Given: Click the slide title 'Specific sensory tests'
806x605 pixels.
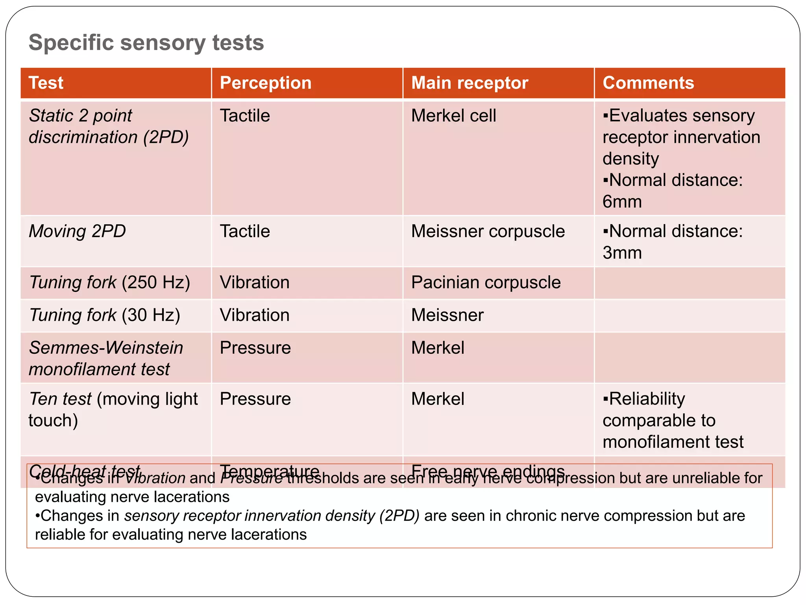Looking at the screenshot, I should coord(146,43).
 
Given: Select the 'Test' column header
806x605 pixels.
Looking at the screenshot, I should coord(46,83).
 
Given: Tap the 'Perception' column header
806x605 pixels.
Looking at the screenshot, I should coord(266,83).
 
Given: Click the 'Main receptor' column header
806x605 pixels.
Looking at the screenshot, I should coord(470,83).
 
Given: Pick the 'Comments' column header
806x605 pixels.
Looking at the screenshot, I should coord(648,83).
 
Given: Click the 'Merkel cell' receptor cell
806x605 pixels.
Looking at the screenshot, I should coord(453,116).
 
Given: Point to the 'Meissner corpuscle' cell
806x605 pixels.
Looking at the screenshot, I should coord(488,231).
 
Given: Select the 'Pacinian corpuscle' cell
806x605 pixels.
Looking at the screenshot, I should coord(486,282).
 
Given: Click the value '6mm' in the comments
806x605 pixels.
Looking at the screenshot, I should coord(622,202).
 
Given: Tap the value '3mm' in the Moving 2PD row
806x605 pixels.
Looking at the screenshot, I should coord(622,253).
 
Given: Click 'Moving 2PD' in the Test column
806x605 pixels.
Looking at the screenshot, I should coord(77,231).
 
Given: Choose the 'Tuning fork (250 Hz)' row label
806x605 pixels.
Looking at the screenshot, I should coord(109,282).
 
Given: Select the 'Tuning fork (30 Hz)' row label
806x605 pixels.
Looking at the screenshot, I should coord(104,315).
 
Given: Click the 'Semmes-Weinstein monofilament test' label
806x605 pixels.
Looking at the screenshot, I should coord(105,358).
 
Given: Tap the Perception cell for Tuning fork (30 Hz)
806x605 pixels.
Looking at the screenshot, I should coord(255,315).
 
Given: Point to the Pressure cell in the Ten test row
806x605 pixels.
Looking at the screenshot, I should coord(255,399).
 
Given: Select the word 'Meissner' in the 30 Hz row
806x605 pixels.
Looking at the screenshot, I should coord(447,315).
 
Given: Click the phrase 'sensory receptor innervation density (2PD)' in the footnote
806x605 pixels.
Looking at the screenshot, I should coord(272,516).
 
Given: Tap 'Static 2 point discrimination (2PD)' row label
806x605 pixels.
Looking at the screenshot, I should coord(108,126).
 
